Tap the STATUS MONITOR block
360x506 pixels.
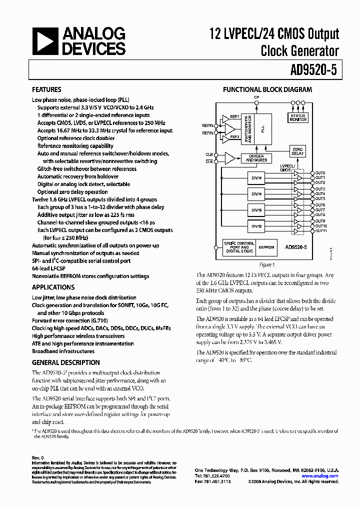point(298,118)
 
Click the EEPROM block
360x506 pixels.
point(266,247)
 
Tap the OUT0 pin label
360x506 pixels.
point(320,173)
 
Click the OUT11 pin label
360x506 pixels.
point(320,231)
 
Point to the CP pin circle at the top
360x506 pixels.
point(257,102)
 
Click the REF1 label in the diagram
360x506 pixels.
point(234,116)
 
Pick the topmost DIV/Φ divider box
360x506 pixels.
point(256,177)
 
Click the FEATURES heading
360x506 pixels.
point(46,90)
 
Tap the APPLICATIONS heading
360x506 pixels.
point(53,287)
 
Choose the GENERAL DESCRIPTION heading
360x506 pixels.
point(65,362)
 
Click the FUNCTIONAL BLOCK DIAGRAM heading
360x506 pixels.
point(267,90)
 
